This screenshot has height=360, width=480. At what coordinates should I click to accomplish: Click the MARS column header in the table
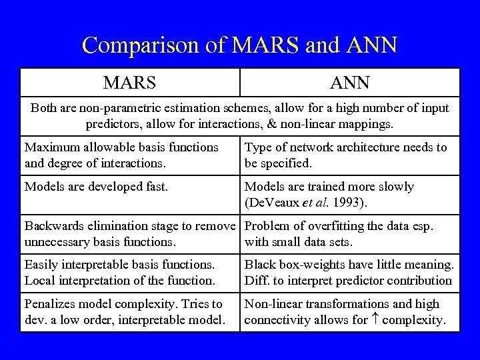[x=129, y=83]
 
